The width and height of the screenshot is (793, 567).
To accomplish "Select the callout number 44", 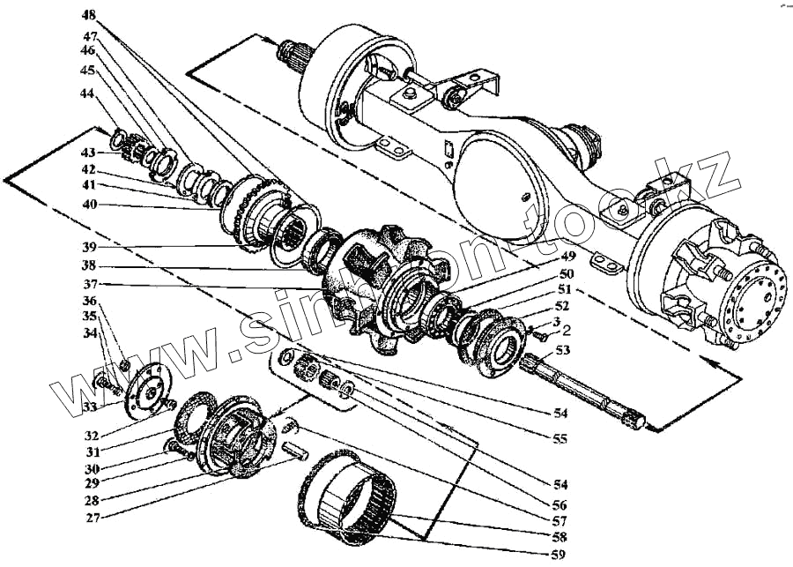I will tap(86, 93).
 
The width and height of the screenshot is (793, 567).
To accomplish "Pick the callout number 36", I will tap(90, 302).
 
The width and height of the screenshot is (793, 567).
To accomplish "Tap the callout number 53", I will tap(563, 352).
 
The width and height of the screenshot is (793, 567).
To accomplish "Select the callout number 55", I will tap(561, 438).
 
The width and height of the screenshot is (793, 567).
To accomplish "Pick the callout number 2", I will tap(567, 333).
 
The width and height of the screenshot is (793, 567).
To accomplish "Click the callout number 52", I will tap(562, 305).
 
